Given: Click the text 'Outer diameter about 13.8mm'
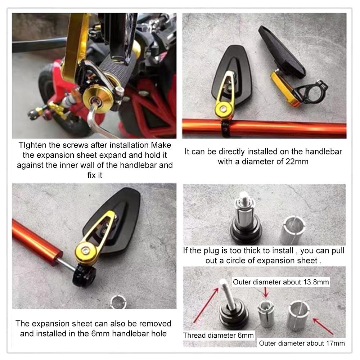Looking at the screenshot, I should tap(281, 282).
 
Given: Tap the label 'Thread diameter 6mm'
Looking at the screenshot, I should tap(218, 335).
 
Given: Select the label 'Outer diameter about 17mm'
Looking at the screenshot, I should tap(302, 343).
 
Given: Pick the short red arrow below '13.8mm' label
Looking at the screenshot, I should tap(266, 291).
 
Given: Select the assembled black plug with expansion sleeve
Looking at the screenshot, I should tap(246, 220).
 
